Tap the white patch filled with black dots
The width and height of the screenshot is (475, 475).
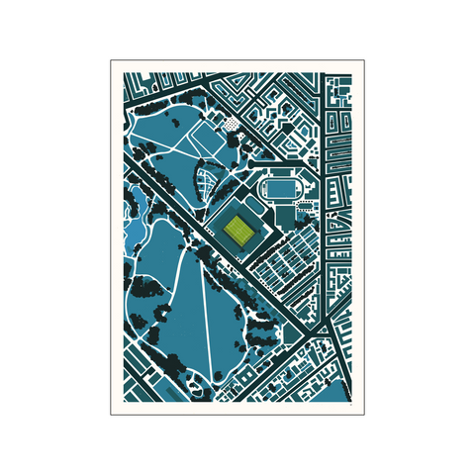click(230, 125)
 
